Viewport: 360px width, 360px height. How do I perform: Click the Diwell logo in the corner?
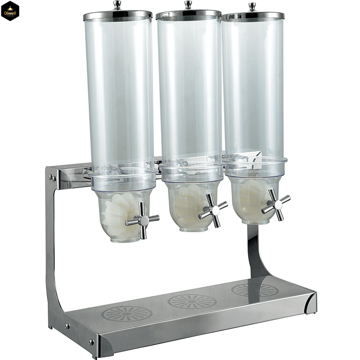click(x=10, y=10)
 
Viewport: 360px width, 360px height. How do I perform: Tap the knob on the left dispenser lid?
click(x=117, y=5)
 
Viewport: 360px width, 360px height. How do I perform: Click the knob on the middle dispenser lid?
click(x=188, y=4)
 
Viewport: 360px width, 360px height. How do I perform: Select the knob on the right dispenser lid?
click(x=252, y=6)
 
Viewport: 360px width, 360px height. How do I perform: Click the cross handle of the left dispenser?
click(x=142, y=220)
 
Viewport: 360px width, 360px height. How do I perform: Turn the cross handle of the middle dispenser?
click(x=213, y=210)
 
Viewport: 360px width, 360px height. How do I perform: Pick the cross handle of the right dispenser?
click(x=275, y=204)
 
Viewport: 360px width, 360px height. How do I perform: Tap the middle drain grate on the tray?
click(x=192, y=301)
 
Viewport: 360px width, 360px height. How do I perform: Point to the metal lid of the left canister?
click(x=118, y=15)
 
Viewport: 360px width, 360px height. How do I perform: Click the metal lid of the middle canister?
click(x=188, y=14)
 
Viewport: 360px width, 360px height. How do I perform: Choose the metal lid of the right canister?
click(x=253, y=15)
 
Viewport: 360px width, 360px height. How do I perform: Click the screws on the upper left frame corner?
click(x=53, y=178)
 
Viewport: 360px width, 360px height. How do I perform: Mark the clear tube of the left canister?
click(x=119, y=90)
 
